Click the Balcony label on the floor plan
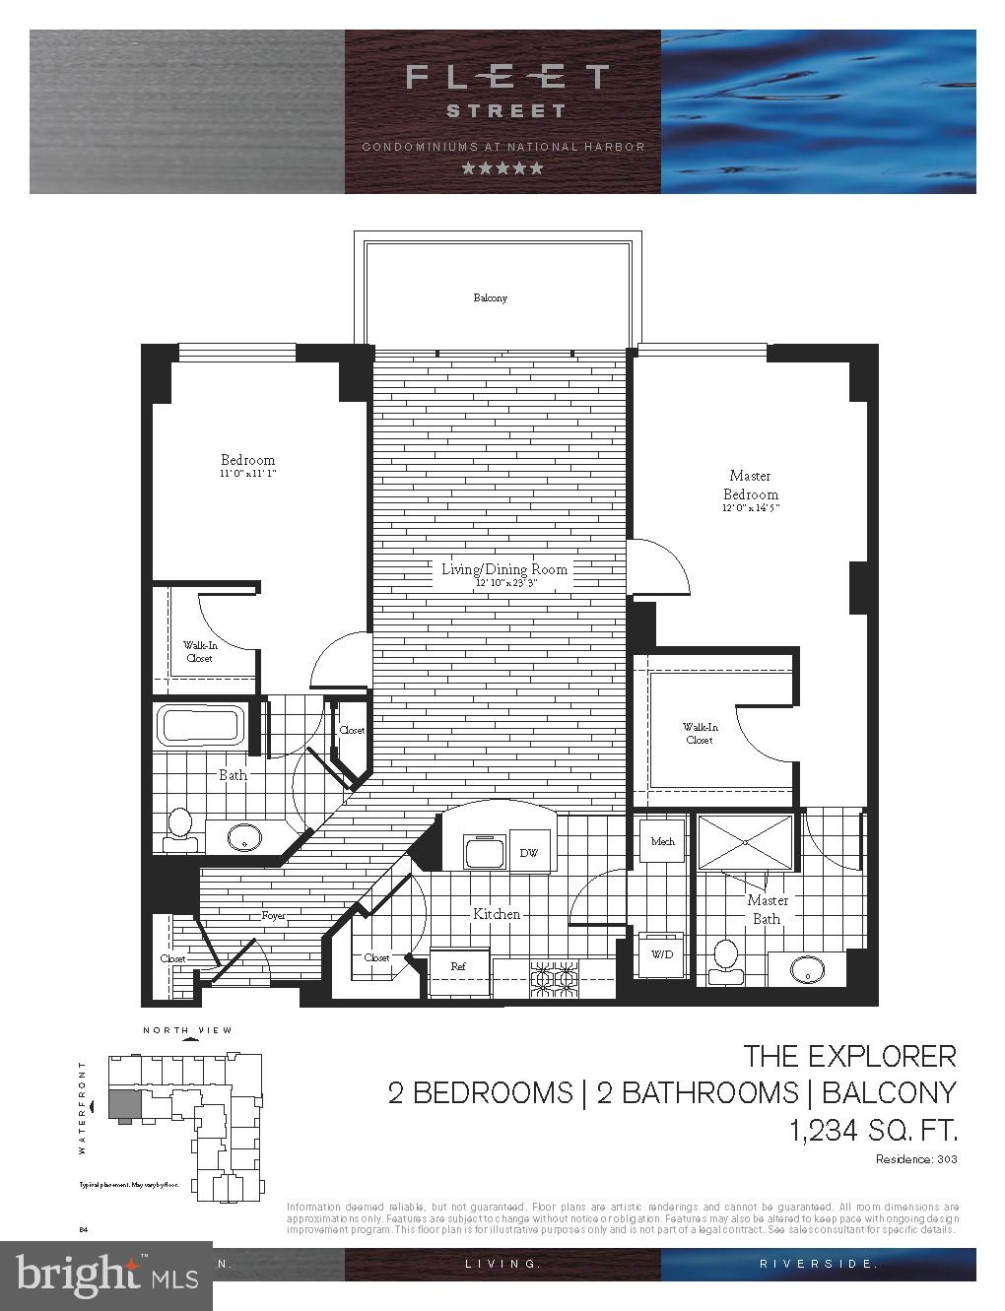490,297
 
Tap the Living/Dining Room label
503,569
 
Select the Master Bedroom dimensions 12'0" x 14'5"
751,509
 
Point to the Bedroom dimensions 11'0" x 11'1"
247,474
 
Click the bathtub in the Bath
202,727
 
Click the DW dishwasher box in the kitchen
528,853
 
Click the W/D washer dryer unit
660,953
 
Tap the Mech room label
661,841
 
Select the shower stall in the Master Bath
746,842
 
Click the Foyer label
273,915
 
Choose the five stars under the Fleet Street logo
502,168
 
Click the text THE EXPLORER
849,1056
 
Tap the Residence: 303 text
916,1159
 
